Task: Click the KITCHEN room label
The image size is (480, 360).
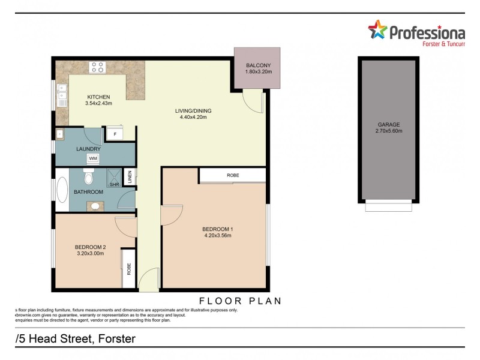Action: pos(98,97)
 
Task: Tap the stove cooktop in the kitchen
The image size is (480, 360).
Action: pos(97,67)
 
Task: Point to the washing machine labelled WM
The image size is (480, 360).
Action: pos(93,158)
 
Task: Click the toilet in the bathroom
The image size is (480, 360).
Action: pos(88,176)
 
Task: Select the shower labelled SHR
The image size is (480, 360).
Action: pos(113,178)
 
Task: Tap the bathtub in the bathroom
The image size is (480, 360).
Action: pos(61,191)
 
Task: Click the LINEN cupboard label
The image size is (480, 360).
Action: pos(130,178)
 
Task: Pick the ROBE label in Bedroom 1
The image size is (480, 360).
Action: pos(233,175)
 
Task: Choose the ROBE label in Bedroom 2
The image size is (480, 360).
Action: pos(129,269)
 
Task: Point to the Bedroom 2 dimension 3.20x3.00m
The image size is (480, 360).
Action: pos(90,254)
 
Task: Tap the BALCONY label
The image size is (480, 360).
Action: pos(258,65)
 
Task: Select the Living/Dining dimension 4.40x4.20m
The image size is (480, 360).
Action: pos(193,118)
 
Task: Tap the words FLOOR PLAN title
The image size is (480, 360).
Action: pos(240,300)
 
